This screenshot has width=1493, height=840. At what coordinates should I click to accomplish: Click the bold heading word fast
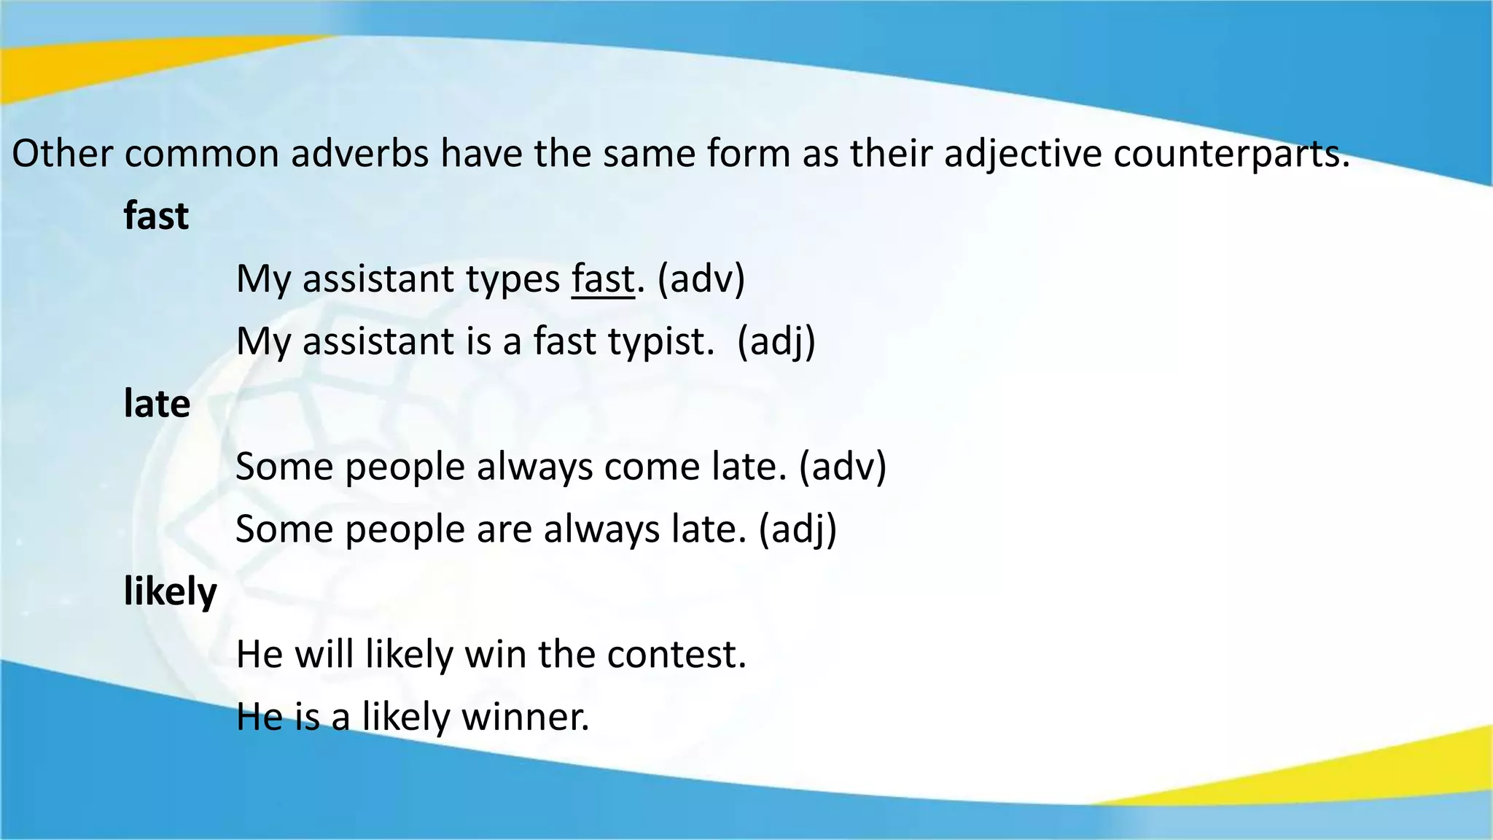tap(156, 217)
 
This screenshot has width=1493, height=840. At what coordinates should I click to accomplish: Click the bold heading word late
tap(157, 404)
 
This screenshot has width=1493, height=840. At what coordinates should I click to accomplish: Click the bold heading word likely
tap(170, 591)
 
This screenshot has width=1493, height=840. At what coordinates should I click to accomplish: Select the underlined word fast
tap(603, 279)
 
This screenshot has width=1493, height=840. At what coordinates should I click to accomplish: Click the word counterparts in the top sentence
tap(1231, 154)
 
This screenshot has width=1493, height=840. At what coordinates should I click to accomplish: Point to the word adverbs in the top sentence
tap(359, 154)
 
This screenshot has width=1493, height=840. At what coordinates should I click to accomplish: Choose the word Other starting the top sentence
tap(62, 154)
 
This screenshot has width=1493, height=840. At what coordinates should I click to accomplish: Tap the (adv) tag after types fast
tap(701, 279)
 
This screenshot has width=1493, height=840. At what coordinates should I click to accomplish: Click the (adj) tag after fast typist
tap(776, 342)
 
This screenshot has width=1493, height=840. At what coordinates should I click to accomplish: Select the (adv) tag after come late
tap(843, 467)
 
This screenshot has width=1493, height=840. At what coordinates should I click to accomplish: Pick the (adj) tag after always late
tap(798, 529)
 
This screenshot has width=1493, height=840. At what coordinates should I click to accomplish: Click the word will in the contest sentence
tap(324, 654)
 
